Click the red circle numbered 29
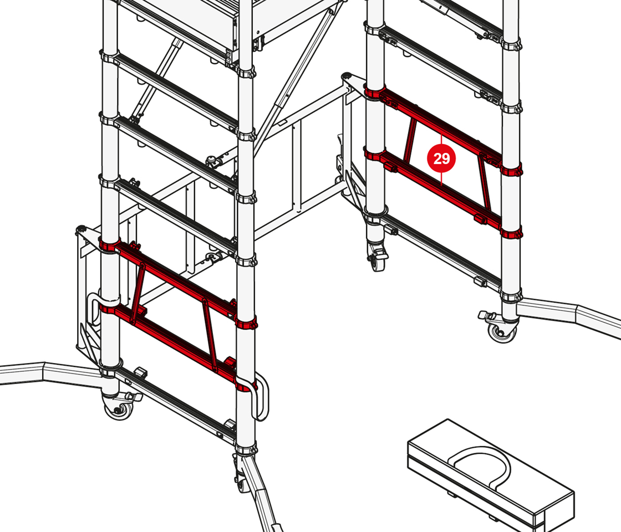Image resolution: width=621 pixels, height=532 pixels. (441, 158)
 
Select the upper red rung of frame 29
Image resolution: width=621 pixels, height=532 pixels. (441, 127)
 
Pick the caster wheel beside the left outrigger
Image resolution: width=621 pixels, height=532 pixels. (119, 408)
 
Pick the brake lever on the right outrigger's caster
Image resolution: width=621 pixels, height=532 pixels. (486, 315)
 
